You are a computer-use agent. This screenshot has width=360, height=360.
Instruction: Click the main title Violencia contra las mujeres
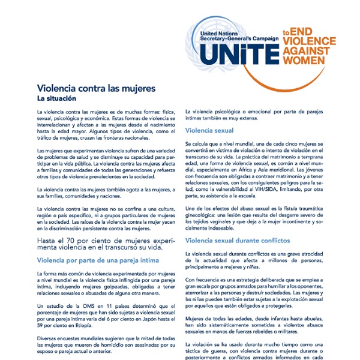[x=96, y=88]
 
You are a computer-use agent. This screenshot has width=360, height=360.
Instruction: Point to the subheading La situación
[x=59, y=98]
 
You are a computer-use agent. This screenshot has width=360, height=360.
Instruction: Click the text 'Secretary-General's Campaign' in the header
[x=240, y=38]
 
